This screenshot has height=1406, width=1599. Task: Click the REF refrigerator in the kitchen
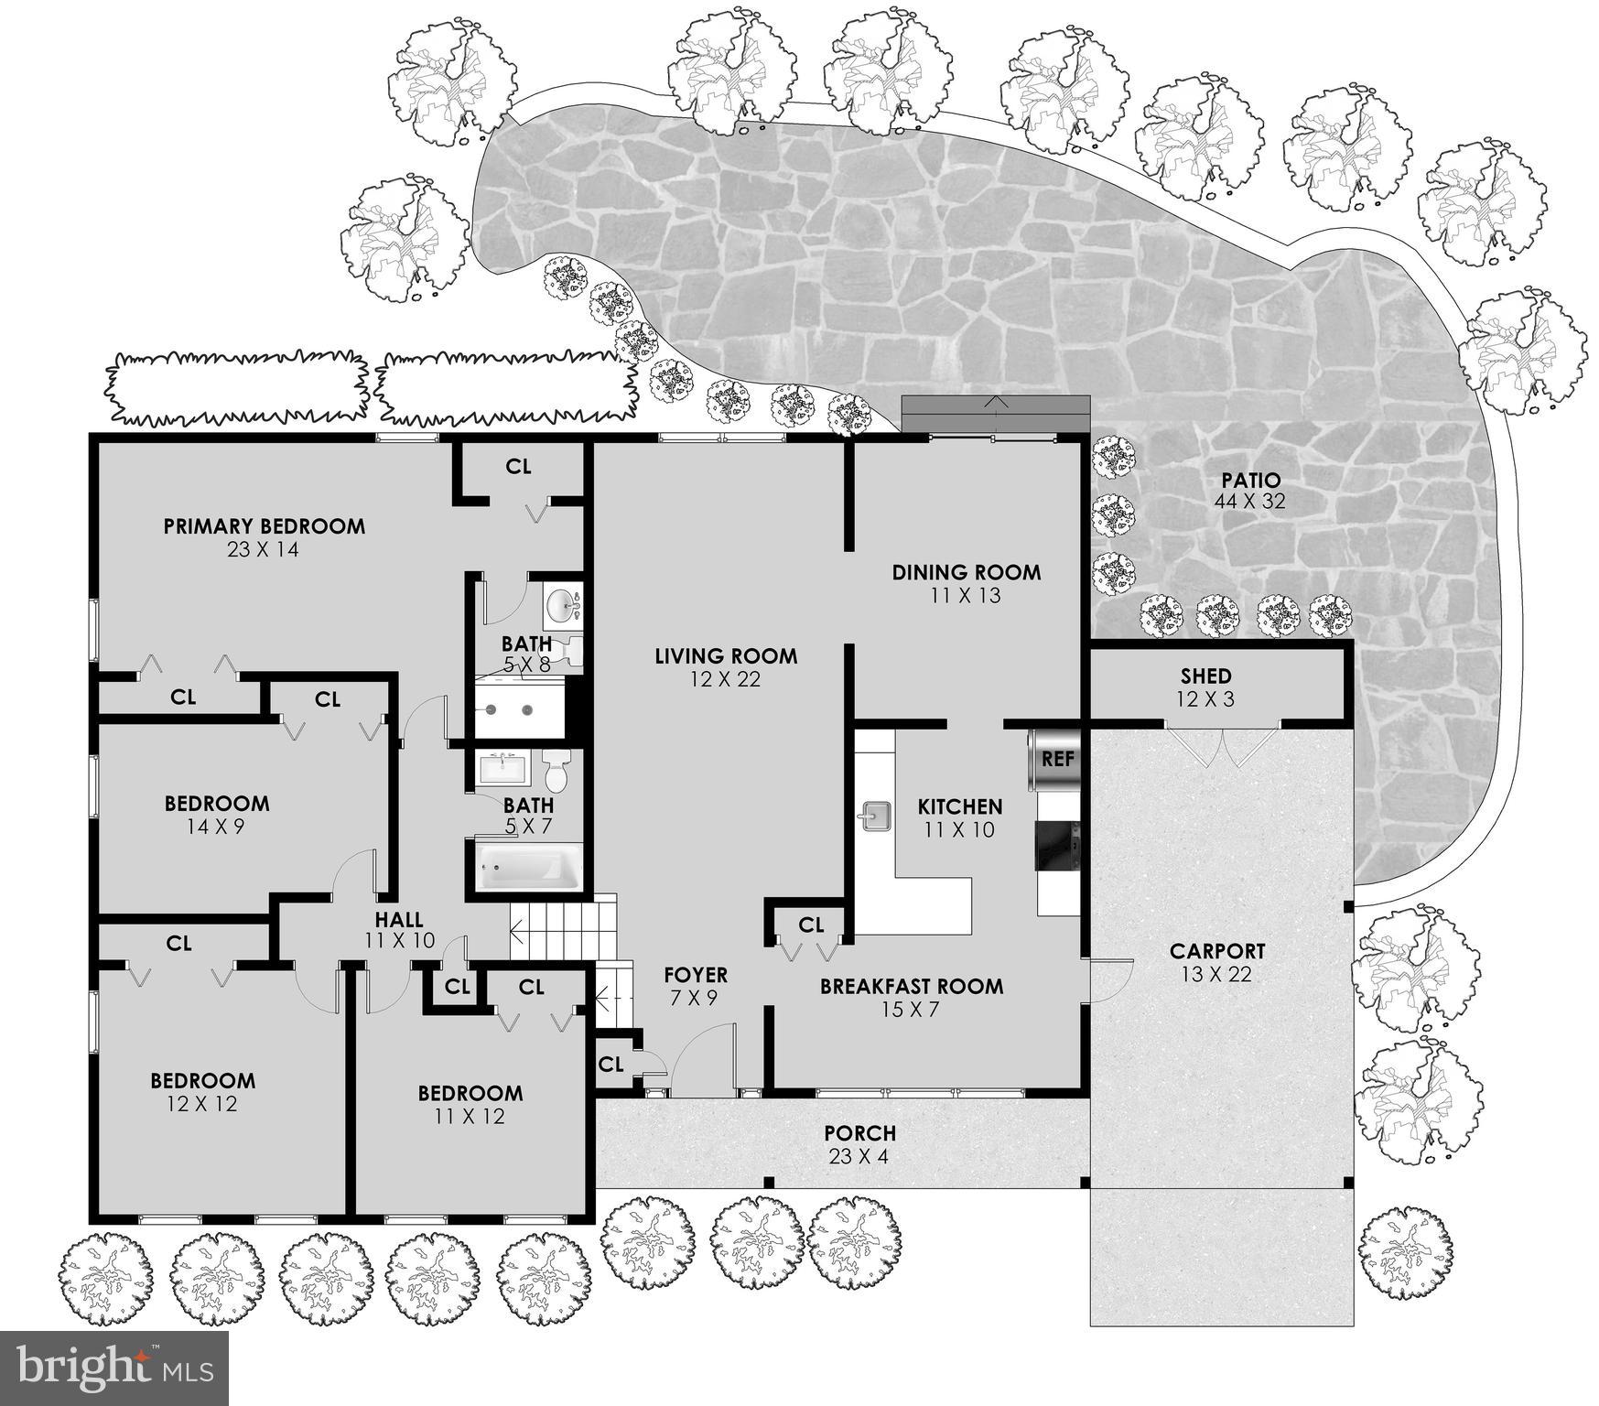pyautogui.click(x=1055, y=758)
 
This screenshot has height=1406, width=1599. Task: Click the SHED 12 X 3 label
pyautogui.click(x=1205, y=687)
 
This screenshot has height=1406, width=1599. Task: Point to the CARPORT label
pyautogui.click(x=1216, y=952)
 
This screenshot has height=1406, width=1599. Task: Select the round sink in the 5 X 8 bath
pyautogui.click(x=561, y=604)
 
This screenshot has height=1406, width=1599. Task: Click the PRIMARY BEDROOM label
pyautogui.click(x=264, y=527)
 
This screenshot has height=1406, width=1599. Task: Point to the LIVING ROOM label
pyautogui.click(x=726, y=656)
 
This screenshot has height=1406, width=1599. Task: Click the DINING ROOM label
pyautogui.click(x=966, y=573)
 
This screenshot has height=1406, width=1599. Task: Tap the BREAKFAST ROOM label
pyautogui.click(x=911, y=987)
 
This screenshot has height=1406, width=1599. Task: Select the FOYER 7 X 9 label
pyautogui.click(x=696, y=986)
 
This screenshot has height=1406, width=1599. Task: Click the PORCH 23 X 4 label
pyautogui.click(x=859, y=1144)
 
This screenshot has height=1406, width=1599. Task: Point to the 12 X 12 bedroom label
pyautogui.click(x=202, y=1092)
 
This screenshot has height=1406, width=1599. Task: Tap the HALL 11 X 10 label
pyautogui.click(x=399, y=929)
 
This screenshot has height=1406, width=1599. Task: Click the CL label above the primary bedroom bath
pyautogui.click(x=518, y=467)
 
